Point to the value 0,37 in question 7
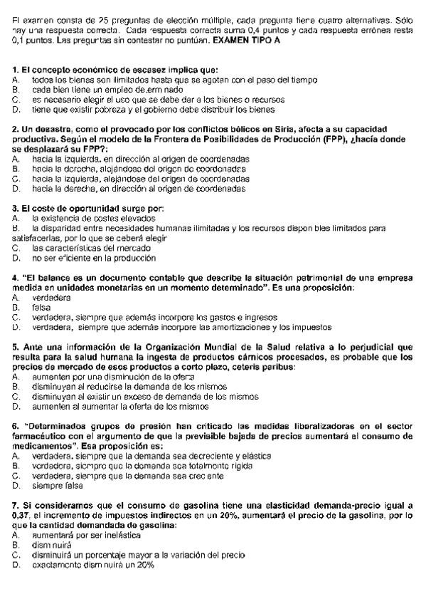[22, 514]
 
